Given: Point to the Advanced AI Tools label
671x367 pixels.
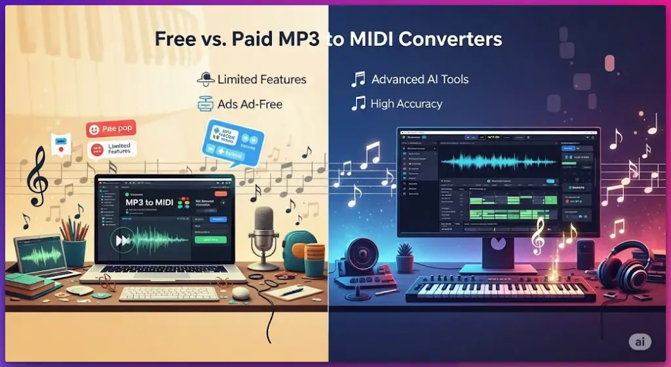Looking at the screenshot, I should point(419,79).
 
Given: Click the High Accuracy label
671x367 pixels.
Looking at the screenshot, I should point(406,104).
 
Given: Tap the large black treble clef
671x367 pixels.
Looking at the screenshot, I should point(37,174).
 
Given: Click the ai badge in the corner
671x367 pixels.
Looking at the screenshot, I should point(639,342).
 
